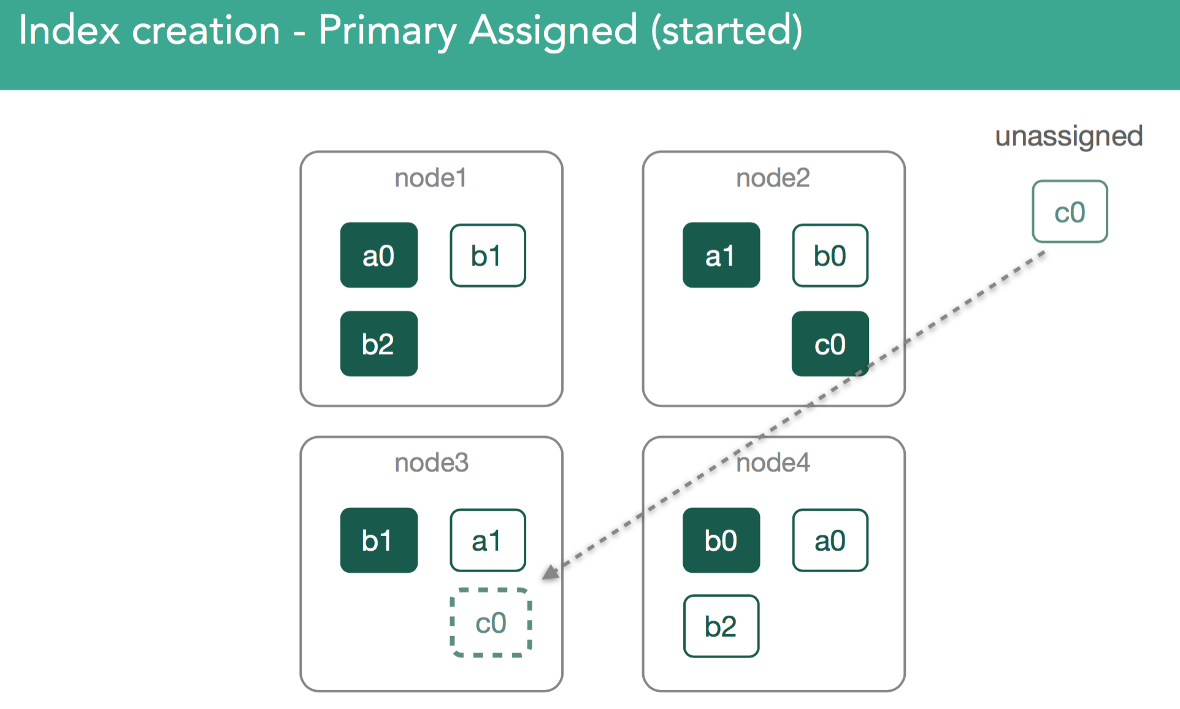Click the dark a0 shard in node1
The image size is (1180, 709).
379,255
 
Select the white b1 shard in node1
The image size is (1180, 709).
488,255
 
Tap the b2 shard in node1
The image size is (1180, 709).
379,343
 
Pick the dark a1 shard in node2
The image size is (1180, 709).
721,255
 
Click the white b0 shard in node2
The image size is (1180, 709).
830,255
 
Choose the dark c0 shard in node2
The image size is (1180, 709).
830,343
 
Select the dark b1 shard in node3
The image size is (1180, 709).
379,540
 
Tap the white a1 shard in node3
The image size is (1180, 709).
488,540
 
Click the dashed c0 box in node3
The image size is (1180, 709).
491,623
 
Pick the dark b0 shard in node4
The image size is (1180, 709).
721,540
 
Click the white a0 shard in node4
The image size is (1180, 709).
830,540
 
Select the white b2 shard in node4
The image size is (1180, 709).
721,626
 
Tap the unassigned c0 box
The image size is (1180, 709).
1070,212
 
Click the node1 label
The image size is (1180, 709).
431,178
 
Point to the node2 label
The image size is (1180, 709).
773,178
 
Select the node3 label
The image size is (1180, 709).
431,462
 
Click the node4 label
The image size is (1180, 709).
773,462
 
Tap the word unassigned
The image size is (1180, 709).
1069,137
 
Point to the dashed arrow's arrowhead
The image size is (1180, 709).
550,572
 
